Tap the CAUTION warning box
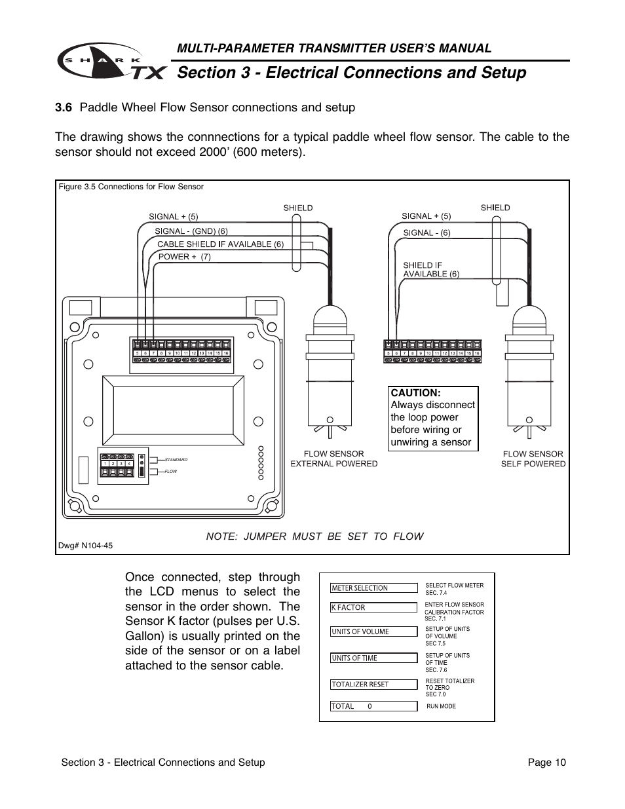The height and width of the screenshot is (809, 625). tap(432, 417)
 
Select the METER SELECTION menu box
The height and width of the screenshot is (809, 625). tap(373, 588)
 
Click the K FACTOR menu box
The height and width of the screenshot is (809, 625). tap(373, 607)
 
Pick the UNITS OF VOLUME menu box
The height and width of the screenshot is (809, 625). tap(373, 631)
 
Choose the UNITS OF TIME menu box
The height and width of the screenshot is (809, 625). tap(373, 658)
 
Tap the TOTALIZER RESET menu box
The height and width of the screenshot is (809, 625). tap(373, 684)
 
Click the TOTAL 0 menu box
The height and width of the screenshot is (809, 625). tap(373, 706)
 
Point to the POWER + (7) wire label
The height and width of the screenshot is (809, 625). tap(184, 257)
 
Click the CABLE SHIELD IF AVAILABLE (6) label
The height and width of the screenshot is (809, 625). tap(220, 244)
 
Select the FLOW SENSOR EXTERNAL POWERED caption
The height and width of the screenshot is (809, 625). tap(334, 459)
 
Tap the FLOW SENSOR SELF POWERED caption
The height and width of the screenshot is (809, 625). tap(533, 459)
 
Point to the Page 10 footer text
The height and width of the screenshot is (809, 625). tap(547, 762)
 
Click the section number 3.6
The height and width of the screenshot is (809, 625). tap(64, 107)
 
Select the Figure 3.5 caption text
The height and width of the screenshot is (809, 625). tap(131, 187)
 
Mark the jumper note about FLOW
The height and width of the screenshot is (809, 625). tap(314, 536)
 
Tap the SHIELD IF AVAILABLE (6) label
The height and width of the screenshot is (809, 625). tap(430, 270)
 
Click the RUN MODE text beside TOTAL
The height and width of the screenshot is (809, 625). tap(441, 706)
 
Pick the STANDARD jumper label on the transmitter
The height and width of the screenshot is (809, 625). tap(176, 460)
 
